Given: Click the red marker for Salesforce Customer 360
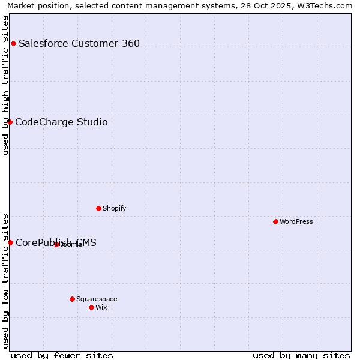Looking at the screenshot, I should coord(13,43).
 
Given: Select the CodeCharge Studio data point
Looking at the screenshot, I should coord(10,122).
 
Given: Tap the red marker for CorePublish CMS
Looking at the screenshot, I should coord(10,242).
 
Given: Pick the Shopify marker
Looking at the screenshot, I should coord(98,208).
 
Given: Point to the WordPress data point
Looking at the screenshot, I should coord(275,221).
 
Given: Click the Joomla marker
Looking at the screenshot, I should coord(56,244).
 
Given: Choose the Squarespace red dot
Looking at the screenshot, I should coord(72,299).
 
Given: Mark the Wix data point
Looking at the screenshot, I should coord(91,307).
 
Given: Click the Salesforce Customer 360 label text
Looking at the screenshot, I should coord(79,43).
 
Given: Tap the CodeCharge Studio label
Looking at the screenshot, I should coord(61,122).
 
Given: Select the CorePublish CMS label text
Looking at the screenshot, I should coord(56,243).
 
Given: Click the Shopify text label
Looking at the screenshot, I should coord(114,208).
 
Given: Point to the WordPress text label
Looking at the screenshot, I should coord(296,221).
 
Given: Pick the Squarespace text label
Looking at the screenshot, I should coord(97,299).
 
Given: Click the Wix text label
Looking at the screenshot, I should coord(101,307).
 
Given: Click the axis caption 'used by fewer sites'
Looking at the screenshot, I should coord(62,355).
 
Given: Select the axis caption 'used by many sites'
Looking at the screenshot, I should coord(301,355).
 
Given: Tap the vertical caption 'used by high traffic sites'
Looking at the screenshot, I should coord(5,85).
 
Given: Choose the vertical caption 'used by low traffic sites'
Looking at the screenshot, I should coord(5,281).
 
